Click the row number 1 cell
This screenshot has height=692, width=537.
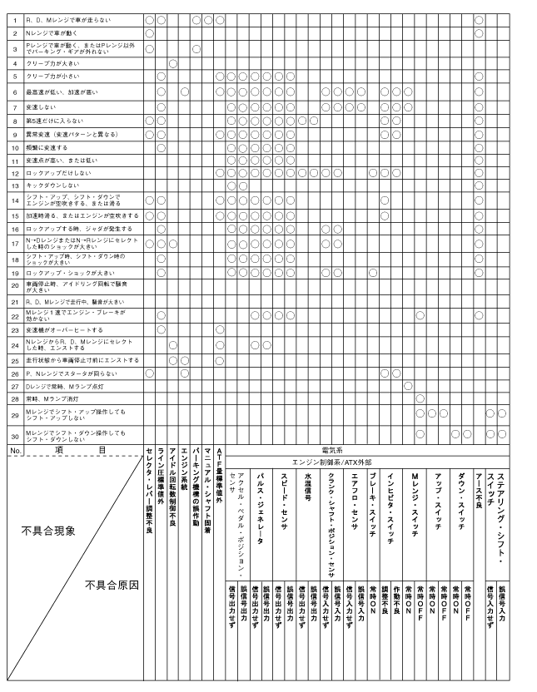(14, 17)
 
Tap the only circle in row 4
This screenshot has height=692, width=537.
(172, 62)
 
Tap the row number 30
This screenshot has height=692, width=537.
(14, 435)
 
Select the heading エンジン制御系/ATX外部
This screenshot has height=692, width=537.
(363, 460)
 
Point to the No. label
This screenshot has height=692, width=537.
(14, 448)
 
